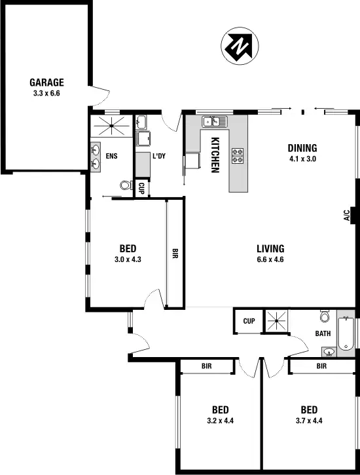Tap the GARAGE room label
46,83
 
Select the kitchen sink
214,121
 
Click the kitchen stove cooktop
238,155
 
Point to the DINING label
302,147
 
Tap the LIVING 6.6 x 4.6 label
270,254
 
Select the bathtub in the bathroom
347,333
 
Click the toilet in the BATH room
325,318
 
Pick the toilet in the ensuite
126,185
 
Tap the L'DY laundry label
159,157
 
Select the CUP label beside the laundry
142,187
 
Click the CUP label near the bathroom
249,321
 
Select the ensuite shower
109,124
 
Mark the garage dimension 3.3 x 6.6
46,94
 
